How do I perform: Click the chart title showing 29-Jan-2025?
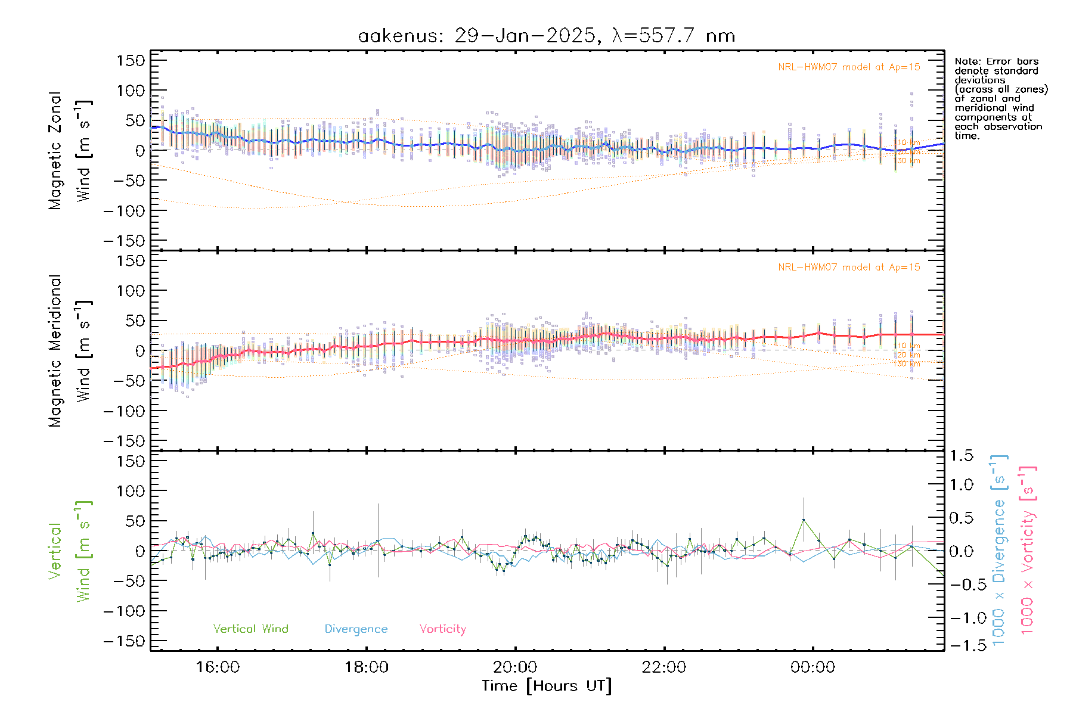point(546,36)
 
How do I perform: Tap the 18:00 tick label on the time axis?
point(367,667)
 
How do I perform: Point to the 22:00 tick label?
point(664,667)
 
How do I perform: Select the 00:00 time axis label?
point(812,667)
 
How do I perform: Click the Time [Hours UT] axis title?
point(547,686)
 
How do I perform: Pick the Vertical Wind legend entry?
point(250,629)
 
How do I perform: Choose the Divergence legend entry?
point(356,629)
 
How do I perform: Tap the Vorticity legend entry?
point(442,629)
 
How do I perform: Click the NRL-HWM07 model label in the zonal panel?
point(849,67)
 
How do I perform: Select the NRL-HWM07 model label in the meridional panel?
point(849,268)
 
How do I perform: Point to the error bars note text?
point(1000,98)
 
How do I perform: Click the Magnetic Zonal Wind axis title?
point(70,151)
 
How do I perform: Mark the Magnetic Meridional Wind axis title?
point(70,351)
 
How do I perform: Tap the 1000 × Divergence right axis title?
point(999,550)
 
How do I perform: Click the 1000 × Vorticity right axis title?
point(1028,550)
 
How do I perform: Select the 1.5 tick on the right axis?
point(961,456)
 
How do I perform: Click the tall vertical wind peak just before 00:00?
point(804,520)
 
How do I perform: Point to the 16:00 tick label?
point(218,667)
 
